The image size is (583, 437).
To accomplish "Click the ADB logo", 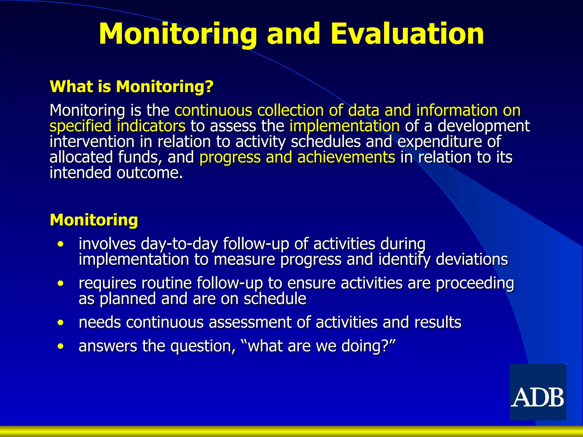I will [x=538, y=392].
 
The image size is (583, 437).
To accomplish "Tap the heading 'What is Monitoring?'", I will [x=132, y=86].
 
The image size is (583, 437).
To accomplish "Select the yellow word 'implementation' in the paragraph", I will [x=344, y=126].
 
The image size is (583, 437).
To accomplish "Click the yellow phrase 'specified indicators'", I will [x=118, y=126].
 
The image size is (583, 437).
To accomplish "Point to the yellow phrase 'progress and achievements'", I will [x=297, y=157].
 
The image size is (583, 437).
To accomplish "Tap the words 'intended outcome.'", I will [x=116, y=173].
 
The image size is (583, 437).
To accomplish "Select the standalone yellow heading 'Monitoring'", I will [x=94, y=220].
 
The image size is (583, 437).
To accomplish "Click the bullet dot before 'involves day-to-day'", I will [x=60, y=244].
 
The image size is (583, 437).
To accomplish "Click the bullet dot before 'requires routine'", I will [x=60, y=283].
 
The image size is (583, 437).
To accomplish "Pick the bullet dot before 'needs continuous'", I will [x=60, y=323].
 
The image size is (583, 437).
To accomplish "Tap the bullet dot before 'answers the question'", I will [x=60, y=346].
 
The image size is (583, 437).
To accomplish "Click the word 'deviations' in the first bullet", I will [x=472, y=259].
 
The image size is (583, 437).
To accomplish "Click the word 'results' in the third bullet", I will [x=438, y=322].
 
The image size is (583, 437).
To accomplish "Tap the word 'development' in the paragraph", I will [x=483, y=126].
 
